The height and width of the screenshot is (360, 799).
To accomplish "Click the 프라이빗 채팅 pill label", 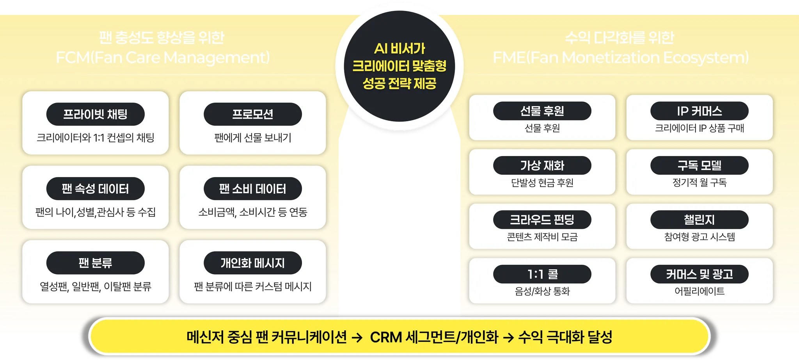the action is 95,114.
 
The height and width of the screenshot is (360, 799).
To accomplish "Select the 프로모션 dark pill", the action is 252,114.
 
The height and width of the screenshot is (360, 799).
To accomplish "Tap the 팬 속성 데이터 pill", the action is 95,189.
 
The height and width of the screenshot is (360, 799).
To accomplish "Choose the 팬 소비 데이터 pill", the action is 252,189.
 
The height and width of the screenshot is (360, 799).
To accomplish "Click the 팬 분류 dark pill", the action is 95,263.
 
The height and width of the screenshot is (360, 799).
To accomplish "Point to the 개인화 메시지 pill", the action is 252,263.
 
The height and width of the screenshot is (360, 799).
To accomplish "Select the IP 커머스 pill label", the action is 699,111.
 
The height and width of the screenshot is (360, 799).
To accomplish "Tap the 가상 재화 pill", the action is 542,165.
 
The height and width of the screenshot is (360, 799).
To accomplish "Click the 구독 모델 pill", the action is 699,165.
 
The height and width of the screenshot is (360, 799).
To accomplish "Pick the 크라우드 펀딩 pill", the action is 542,220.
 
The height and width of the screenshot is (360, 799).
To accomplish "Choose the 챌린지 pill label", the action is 699,220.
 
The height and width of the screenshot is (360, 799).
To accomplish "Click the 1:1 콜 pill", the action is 542,274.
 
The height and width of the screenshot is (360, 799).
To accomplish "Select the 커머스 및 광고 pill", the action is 699,274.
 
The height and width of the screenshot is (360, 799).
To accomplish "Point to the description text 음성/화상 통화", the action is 542,291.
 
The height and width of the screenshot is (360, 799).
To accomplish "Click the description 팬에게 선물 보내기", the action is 252,138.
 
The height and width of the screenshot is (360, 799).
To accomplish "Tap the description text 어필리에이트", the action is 699,291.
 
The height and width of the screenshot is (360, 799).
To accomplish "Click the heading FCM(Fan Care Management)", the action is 163,58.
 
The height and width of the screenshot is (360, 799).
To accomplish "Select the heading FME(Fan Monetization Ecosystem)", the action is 620,58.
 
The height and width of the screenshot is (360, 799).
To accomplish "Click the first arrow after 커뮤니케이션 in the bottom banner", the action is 357,337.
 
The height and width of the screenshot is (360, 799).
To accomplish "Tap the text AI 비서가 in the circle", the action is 399,49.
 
